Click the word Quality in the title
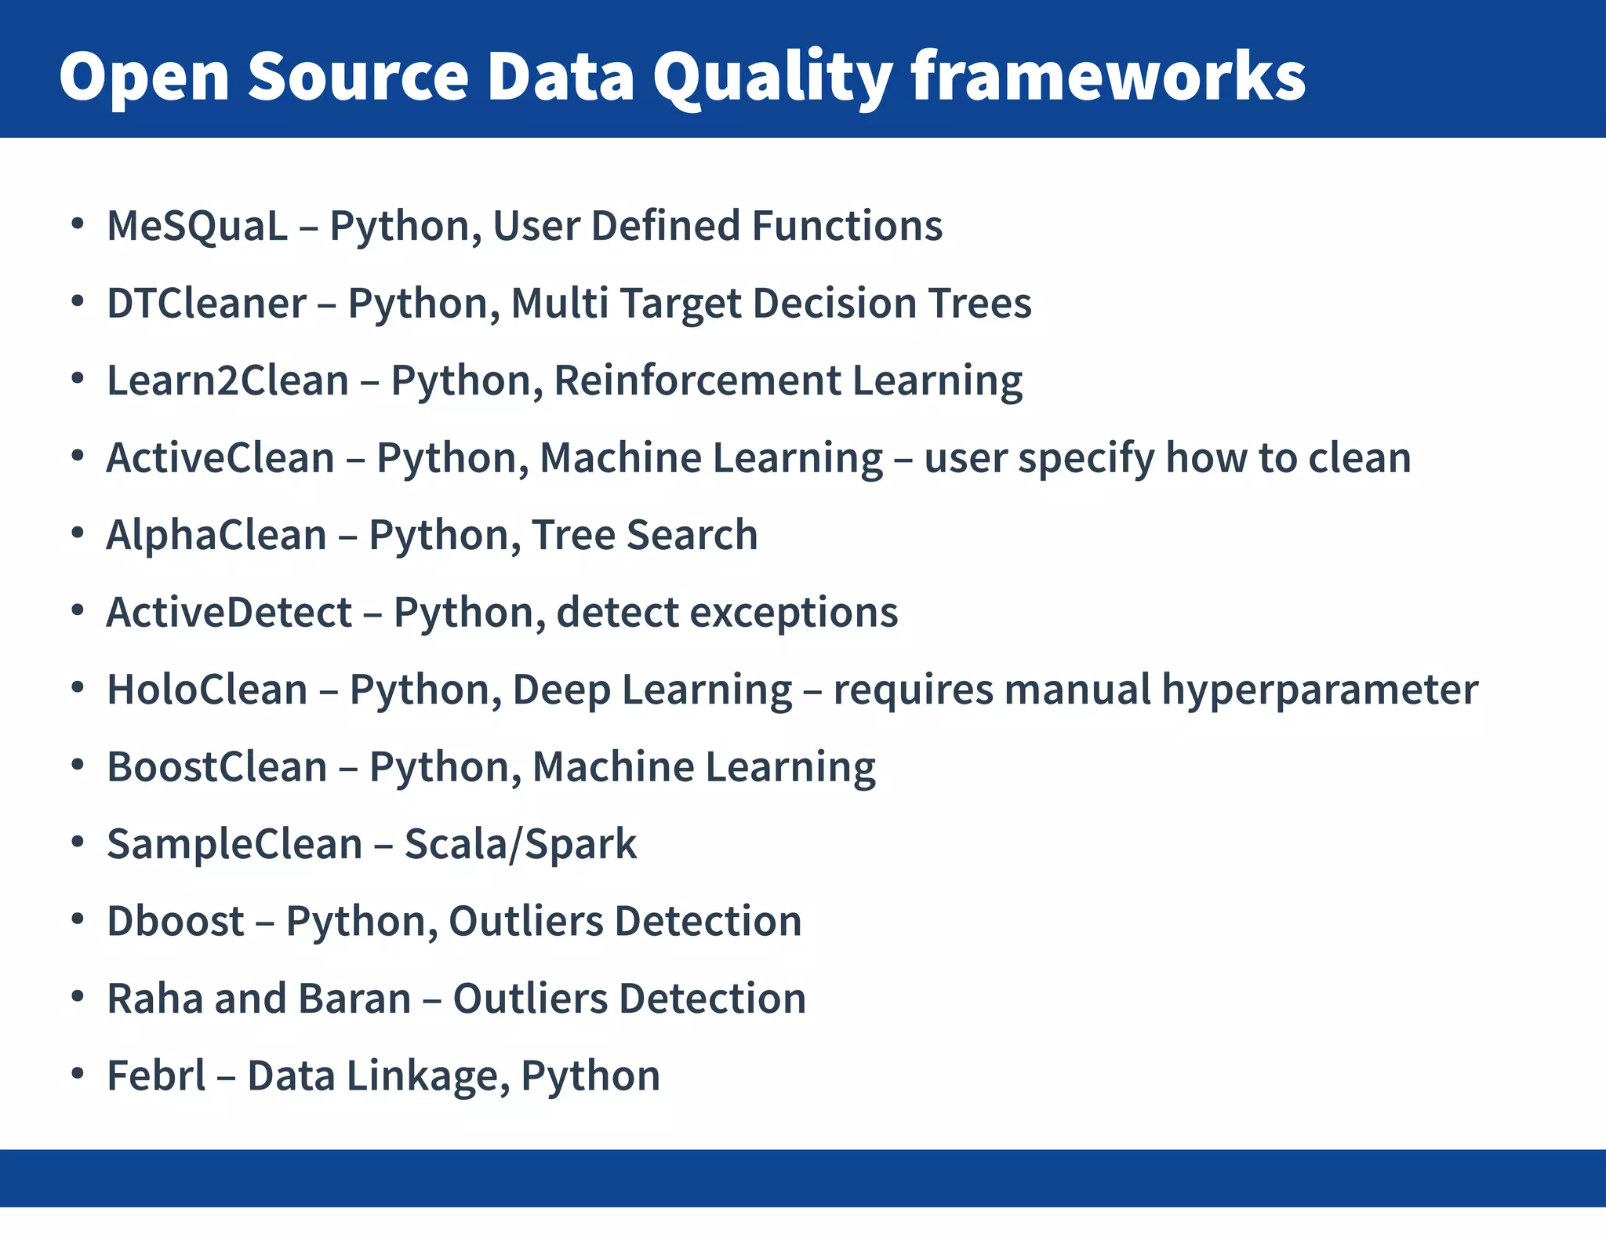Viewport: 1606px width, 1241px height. tap(772, 77)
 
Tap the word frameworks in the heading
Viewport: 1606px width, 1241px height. tap(1107, 77)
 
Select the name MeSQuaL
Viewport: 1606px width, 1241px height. tap(197, 226)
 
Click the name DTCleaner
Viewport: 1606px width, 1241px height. tap(206, 304)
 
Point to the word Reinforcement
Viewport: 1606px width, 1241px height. tap(697, 380)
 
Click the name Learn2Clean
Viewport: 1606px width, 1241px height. tap(227, 380)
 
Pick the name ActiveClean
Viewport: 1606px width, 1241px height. tap(220, 458)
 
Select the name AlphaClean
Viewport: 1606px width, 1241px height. tap(216, 535)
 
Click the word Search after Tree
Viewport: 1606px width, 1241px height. tap(692, 535)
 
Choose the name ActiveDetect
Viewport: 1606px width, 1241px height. tap(229, 613)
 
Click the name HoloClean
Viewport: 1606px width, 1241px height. tap(207, 690)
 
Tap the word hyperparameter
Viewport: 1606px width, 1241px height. tap(1320, 690)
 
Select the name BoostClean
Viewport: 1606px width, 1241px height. tap(216, 767)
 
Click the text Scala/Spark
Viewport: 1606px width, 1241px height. tap(520, 844)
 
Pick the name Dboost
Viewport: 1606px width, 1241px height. tap(176, 921)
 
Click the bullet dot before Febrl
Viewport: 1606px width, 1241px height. tap(77, 1073)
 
